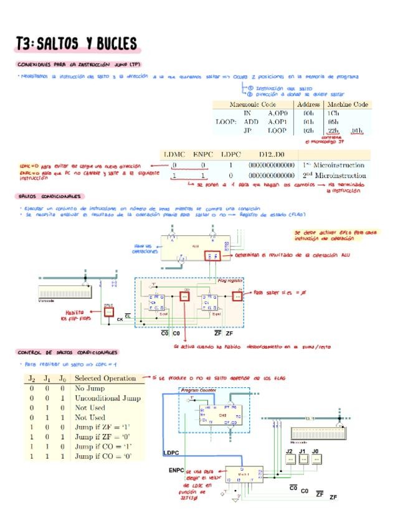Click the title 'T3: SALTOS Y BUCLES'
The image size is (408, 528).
pyautogui.click(x=77, y=43)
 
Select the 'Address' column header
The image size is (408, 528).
pyautogui.click(x=308, y=105)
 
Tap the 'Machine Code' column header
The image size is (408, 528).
pyautogui.click(x=348, y=105)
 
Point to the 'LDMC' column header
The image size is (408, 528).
pyautogui.click(x=175, y=154)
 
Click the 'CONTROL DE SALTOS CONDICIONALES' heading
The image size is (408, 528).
pyautogui.click(x=68, y=352)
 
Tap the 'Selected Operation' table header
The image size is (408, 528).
pyautogui.click(x=105, y=378)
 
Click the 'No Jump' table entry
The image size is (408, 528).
pyautogui.click(x=90, y=388)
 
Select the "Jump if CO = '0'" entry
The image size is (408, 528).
pyautogui.click(x=103, y=456)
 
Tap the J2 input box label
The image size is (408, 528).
pyautogui.click(x=289, y=451)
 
